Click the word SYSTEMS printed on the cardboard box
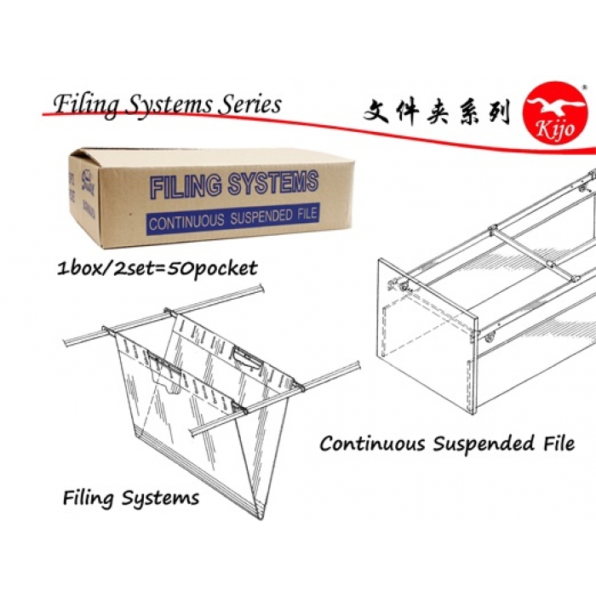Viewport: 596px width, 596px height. click(268, 184)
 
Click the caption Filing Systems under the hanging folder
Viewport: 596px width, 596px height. click(131, 498)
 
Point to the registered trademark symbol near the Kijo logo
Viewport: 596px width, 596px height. click(582, 88)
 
